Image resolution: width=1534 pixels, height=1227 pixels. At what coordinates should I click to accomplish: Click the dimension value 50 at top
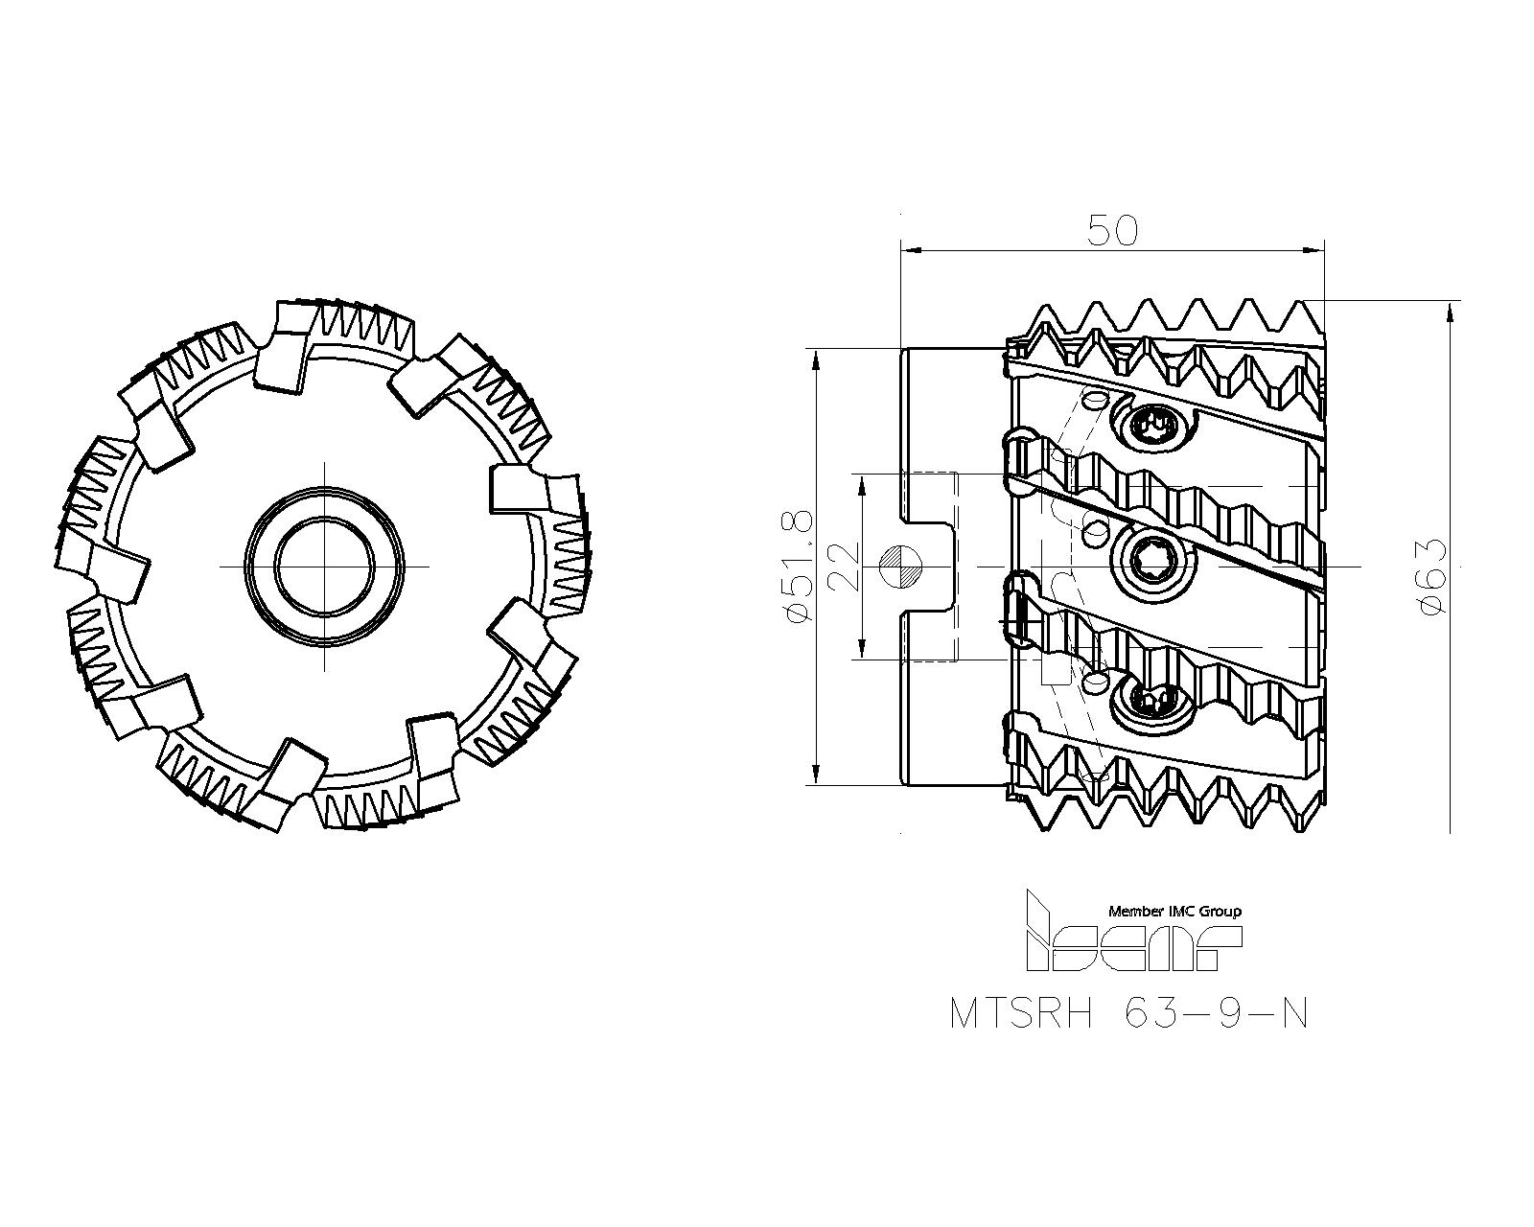point(1112,230)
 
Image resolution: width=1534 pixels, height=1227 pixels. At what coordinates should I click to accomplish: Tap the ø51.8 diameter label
point(800,566)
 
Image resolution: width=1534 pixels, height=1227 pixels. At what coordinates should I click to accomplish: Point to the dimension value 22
point(843,566)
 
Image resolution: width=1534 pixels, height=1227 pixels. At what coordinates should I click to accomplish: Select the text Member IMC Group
point(1174,911)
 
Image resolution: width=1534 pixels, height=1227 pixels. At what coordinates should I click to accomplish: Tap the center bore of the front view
point(325,566)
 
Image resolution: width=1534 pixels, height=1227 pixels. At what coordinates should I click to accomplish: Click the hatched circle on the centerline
point(901,566)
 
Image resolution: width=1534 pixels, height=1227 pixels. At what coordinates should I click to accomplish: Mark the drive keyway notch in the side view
point(931,566)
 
